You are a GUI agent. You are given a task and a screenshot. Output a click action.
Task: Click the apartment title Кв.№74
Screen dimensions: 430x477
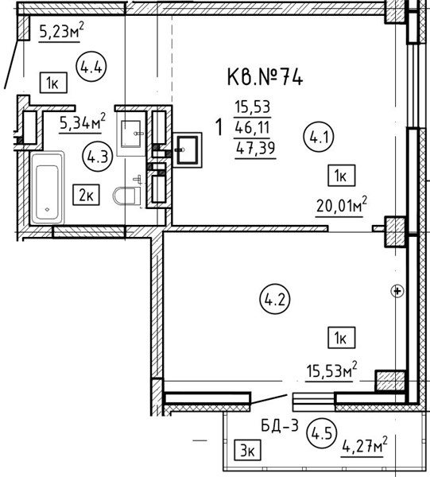pos(265,77)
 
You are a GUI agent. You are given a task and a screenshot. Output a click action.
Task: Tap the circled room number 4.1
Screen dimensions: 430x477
pos(319,138)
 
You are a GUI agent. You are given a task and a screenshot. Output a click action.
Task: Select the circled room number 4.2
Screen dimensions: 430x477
pos(275,299)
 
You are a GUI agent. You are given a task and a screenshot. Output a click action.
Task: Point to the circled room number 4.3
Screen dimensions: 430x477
pos(97,157)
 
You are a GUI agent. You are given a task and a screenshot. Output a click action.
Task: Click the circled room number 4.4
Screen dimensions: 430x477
pos(91,66)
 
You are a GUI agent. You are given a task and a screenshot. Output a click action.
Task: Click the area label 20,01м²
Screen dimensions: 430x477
pos(342,205)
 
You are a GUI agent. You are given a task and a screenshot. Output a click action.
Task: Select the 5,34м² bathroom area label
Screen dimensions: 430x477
pos(83,122)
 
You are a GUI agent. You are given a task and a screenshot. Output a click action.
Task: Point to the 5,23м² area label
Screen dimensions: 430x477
pos(61,31)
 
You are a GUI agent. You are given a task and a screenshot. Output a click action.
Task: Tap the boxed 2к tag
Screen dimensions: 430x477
pos(86,195)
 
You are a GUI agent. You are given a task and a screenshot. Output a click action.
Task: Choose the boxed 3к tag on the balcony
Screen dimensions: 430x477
pos(247,450)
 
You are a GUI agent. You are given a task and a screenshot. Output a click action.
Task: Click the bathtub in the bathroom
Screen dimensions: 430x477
pos(47,188)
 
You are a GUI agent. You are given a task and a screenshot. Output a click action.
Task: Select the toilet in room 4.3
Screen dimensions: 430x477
pos(127,196)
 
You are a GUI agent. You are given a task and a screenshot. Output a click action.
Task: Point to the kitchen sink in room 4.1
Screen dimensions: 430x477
pos(187,150)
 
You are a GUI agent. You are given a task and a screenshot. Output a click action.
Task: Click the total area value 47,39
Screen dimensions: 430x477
pos(255,148)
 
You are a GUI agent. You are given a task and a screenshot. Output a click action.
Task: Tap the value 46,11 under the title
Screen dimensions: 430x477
pos(253,127)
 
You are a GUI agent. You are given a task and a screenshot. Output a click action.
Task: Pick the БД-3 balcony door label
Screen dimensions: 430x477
pos(280,425)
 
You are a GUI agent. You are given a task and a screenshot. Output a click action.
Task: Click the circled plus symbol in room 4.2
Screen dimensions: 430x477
pos(397,291)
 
